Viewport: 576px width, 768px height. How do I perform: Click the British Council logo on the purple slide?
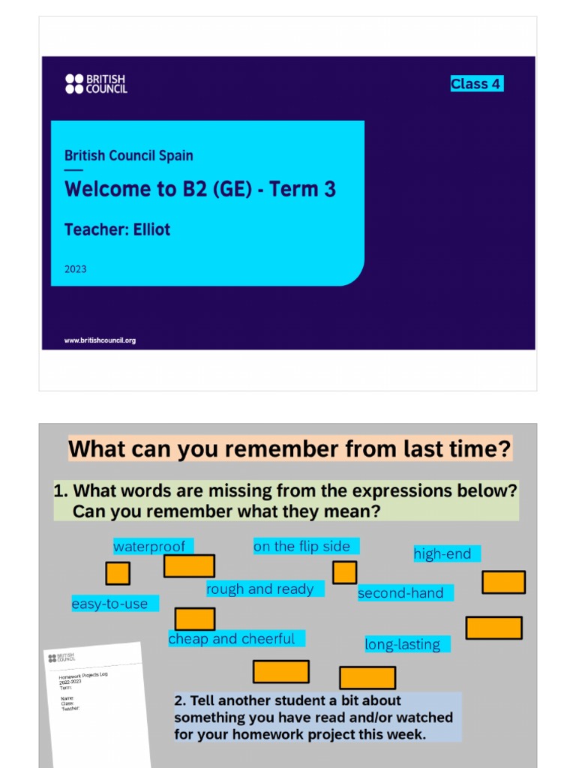tap(96, 83)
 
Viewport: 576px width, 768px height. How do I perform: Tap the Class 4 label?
tap(475, 84)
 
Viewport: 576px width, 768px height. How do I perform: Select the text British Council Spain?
tap(128, 156)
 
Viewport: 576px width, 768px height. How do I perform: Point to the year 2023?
tap(75, 268)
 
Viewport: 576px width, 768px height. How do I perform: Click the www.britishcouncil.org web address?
tap(100, 340)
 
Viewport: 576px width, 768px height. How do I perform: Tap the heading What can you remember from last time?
tap(290, 449)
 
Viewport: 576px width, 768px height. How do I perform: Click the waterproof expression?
tap(149, 547)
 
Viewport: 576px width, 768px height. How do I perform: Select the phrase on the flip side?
tap(301, 547)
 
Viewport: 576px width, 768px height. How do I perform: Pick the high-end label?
tap(442, 554)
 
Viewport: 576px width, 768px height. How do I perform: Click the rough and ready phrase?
tap(260, 589)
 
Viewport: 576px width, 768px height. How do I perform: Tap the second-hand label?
tap(400, 593)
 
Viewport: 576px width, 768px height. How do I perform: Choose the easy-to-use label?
tap(110, 604)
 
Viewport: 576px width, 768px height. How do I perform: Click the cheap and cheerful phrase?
tap(232, 639)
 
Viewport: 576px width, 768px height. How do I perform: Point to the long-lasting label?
tap(403, 644)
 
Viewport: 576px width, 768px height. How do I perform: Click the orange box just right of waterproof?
tap(189, 565)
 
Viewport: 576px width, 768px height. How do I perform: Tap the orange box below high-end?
tap(503, 582)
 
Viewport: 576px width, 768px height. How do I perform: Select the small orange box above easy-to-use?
tap(118, 574)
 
